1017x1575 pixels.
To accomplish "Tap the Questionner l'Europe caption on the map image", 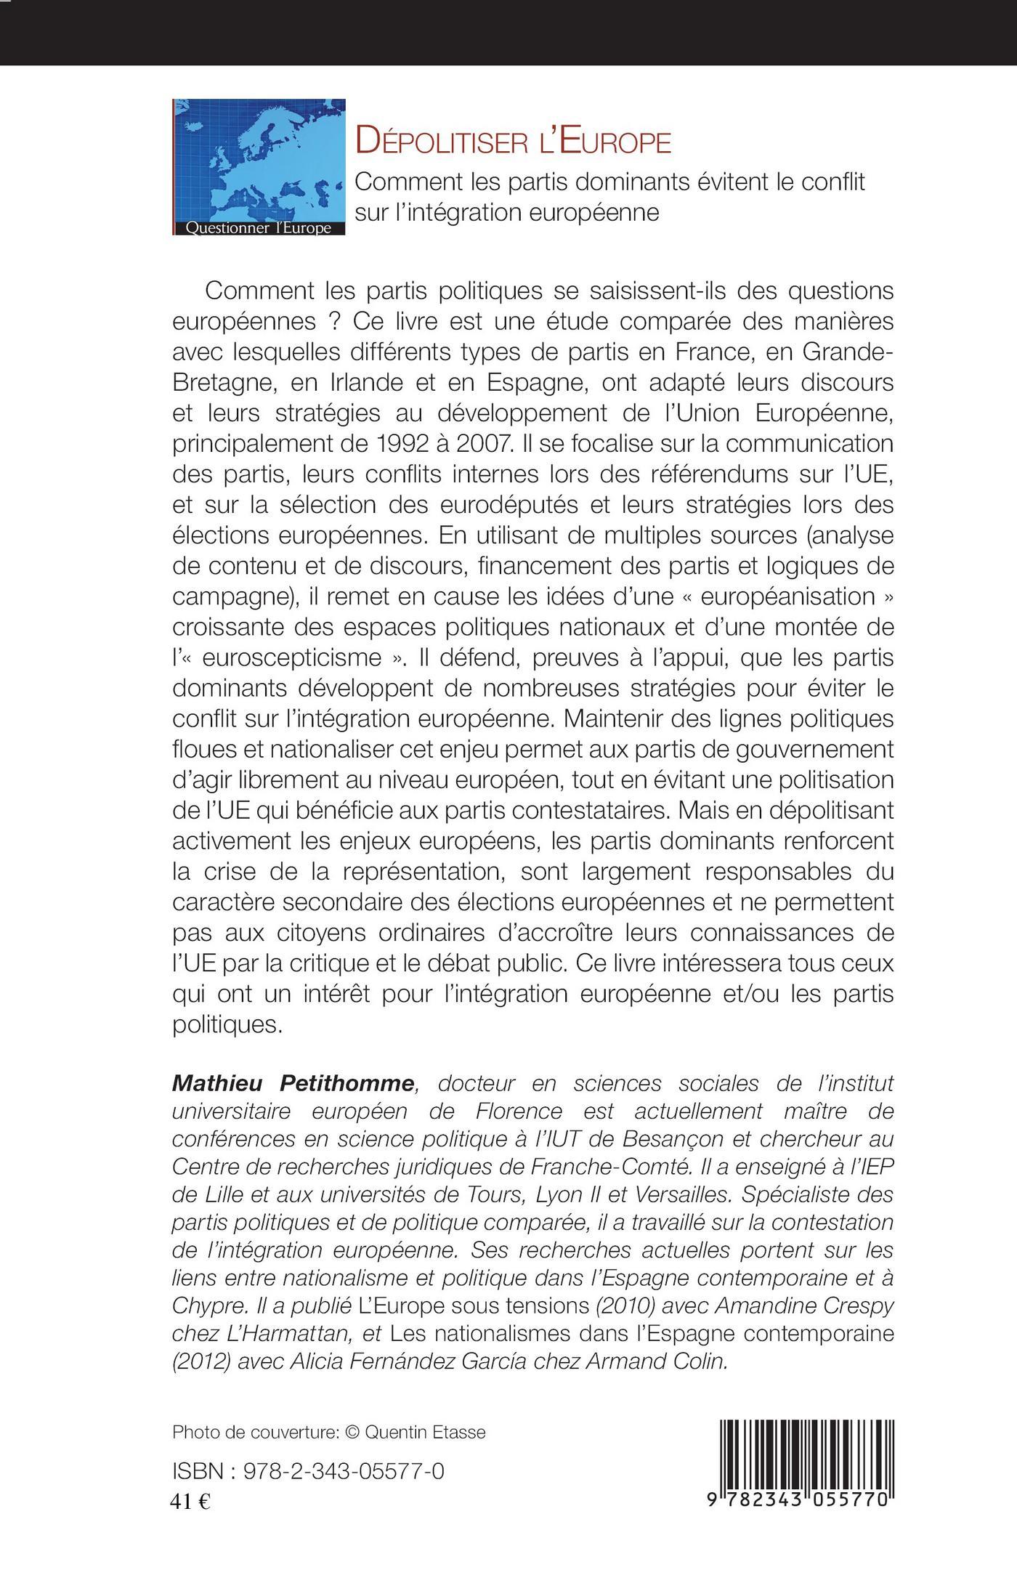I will click(259, 227).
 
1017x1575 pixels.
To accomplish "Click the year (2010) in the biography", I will click(617, 1304).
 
